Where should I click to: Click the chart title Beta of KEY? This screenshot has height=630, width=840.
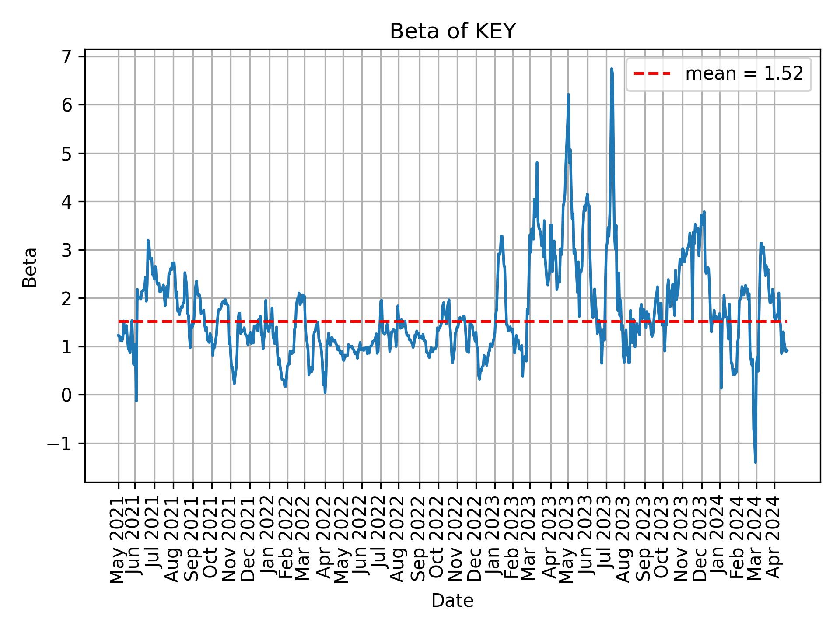[x=452, y=31]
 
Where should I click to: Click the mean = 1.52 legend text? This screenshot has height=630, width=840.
[x=744, y=74]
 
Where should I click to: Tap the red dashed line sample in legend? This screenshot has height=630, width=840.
[x=652, y=74]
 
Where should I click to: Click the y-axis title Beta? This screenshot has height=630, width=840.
[x=30, y=267]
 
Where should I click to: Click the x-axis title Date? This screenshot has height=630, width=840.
[x=452, y=601]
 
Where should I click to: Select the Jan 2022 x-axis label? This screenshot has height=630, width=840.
[x=268, y=539]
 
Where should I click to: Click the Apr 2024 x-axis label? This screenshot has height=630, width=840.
[x=774, y=539]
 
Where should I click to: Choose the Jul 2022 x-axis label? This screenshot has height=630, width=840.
[x=380, y=539]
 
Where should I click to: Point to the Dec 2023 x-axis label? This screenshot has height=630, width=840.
[x=700, y=539]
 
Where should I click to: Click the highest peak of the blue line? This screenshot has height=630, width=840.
[x=612, y=69]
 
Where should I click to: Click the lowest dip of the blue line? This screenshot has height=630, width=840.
[x=756, y=462]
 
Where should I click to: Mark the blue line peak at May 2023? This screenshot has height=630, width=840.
[x=568, y=94]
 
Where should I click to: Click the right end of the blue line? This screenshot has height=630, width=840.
[x=787, y=351]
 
